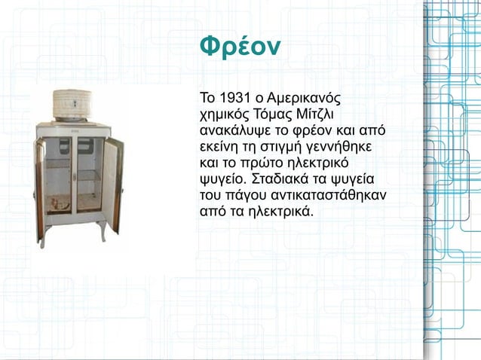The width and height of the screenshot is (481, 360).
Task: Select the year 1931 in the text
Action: point(231,99)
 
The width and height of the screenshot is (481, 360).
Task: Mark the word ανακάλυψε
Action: point(232,130)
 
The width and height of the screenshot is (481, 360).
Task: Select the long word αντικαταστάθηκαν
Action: point(326,194)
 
